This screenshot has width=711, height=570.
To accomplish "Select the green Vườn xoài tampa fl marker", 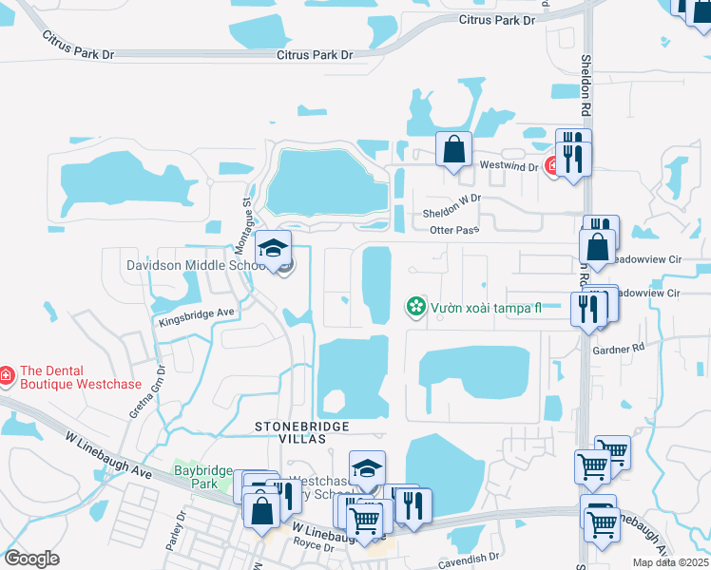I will tap(415, 306).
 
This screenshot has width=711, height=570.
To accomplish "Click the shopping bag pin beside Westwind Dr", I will tap(454, 149).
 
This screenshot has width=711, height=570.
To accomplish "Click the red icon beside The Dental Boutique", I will tap(6, 376).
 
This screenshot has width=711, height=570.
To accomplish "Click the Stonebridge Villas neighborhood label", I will tap(301, 432).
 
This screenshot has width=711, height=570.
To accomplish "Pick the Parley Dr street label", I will tap(172, 538).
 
